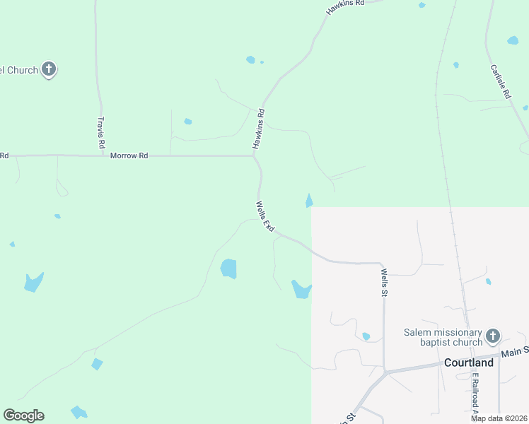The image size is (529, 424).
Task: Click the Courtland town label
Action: (468, 363)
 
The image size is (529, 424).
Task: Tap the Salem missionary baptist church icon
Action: (493, 336)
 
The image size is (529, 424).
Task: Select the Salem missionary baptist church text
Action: (443, 338)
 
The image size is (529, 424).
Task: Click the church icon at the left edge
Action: (49, 69)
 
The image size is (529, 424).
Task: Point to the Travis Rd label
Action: (101, 132)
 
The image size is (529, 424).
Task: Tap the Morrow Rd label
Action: (129, 155)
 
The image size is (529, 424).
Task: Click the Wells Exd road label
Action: (264, 216)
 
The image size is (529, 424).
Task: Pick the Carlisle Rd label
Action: (501, 81)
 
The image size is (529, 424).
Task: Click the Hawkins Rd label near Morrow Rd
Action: (259, 129)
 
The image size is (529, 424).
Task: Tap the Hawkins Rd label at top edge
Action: (345, 7)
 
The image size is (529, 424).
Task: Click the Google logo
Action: (23, 416)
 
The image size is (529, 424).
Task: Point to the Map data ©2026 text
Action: (499, 418)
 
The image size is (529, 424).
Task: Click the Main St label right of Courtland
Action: (515, 351)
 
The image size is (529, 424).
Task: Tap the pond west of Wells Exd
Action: (228, 269)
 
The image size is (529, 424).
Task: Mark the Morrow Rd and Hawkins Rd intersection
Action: (255, 155)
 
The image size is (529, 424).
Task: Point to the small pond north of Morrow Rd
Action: (188, 122)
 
